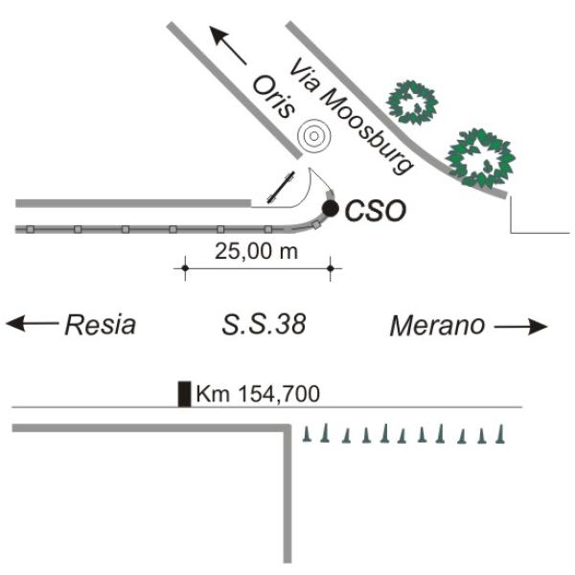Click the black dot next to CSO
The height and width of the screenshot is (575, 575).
pos(330,209)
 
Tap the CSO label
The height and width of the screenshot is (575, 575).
pos(376,211)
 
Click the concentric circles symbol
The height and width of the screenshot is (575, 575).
pos(313,136)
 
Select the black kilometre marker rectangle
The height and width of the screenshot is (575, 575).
pos(184,394)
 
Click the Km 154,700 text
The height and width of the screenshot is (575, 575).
pos(258,394)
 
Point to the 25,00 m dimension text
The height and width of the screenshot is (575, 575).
pos(256,251)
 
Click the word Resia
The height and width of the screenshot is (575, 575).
pos(100,325)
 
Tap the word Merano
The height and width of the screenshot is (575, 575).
pos(438,326)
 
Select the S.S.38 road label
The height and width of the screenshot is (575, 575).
pos(264,325)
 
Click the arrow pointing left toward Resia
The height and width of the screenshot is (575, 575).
pos(32,323)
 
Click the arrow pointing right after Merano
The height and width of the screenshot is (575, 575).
pos(521,326)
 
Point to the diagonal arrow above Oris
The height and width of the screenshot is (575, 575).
pos(227,45)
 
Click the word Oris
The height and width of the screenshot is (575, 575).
pos(273,97)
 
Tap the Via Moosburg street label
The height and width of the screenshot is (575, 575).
pos(351,116)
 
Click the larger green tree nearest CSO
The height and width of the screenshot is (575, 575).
pos(480,158)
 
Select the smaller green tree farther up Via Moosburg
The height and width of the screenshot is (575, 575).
pos(412,103)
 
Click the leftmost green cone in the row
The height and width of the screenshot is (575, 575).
pos(307,434)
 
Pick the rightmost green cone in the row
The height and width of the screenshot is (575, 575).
pos(500,434)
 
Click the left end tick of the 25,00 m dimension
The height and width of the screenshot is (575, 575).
pos(185,268)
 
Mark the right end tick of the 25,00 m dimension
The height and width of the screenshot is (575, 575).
pos(331,268)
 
